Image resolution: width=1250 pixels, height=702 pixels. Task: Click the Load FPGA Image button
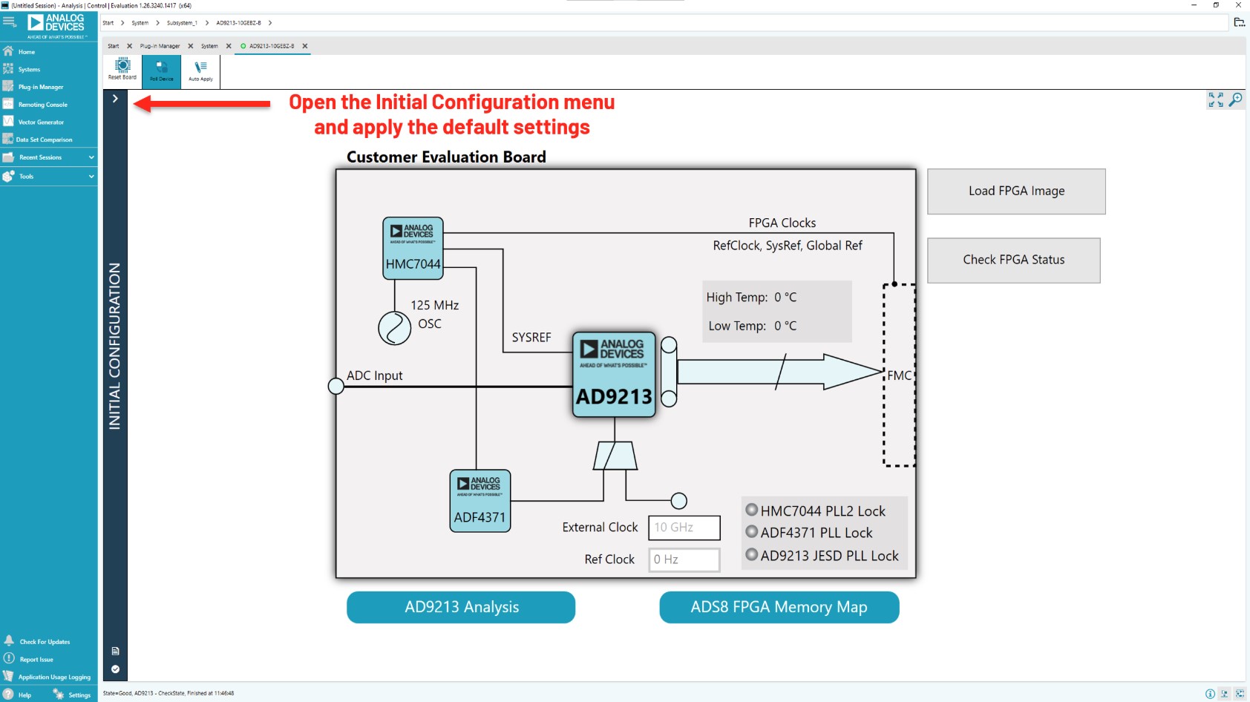coord(1016,191)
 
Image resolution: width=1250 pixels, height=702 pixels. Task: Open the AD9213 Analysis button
coord(461,607)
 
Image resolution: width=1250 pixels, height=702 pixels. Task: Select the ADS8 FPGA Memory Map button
coord(779,607)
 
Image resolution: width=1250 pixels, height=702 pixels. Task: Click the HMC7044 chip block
coord(413,248)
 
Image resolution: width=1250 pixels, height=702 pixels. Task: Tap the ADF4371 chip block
coord(480,501)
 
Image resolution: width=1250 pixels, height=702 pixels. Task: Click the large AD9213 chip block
coord(614,374)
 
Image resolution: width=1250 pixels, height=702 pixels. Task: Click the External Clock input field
coord(684,528)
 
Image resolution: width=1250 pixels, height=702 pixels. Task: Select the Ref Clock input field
coord(684,560)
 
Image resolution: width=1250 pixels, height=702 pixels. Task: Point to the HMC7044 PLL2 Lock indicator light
coord(752,510)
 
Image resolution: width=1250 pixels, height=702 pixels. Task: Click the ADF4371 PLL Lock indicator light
coord(752,532)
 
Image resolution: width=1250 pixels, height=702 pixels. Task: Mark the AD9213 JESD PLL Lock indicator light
coord(752,554)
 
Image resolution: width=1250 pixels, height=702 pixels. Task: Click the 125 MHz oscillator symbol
coord(394,328)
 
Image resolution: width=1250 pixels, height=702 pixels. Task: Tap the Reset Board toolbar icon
coord(122,69)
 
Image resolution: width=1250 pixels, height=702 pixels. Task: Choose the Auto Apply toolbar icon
coord(200,70)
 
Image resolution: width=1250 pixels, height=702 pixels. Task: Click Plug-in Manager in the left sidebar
coord(41,87)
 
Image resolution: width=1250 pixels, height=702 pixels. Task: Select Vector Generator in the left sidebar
coord(41,122)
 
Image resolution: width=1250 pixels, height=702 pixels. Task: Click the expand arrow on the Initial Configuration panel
coord(115,99)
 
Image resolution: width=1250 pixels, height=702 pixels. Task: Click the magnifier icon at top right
coord(1236,99)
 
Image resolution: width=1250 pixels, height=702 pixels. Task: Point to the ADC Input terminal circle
coord(336,386)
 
